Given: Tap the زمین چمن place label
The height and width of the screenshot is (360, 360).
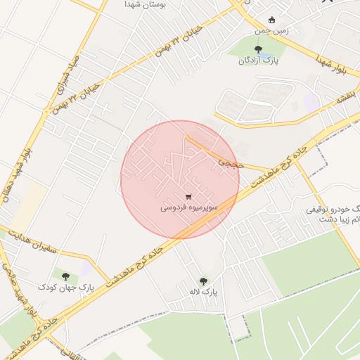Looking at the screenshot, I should coord(272,32).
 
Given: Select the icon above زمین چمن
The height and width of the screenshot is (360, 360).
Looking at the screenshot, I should coord(272,20).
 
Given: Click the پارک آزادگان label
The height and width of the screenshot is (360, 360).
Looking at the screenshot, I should coord(257,61).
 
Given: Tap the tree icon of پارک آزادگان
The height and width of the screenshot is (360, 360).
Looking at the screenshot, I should coord(258,49).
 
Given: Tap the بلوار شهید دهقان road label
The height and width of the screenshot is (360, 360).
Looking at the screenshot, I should coord(15,172).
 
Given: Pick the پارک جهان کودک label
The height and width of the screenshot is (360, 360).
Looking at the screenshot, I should coord(67,288).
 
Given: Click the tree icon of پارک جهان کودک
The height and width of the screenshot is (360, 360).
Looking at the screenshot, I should coord(65,276).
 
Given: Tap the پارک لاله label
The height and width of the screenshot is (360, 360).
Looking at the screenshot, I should coord(204,292).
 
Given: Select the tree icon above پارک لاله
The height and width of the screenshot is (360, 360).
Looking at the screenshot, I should coord(203,281).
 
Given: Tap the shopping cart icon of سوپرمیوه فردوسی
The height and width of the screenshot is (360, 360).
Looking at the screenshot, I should coord(188,197).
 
